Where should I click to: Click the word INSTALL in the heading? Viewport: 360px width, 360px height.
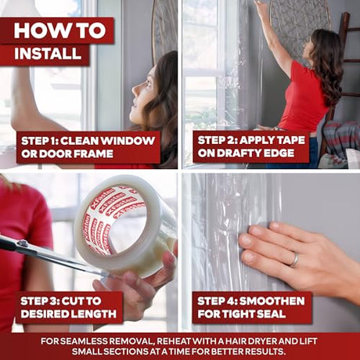click(x=48, y=53)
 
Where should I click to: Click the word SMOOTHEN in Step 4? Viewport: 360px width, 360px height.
click(x=272, y=301)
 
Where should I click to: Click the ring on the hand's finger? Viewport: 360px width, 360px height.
click(x=295, y=260)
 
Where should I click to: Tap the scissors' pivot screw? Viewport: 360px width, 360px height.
click(x=23, y=244)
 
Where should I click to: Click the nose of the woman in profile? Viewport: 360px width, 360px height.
click(x=135, y=91)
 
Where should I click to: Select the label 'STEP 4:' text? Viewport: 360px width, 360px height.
click(x=217, y=301)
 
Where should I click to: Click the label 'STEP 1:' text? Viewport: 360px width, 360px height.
click(x=40, y=141)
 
